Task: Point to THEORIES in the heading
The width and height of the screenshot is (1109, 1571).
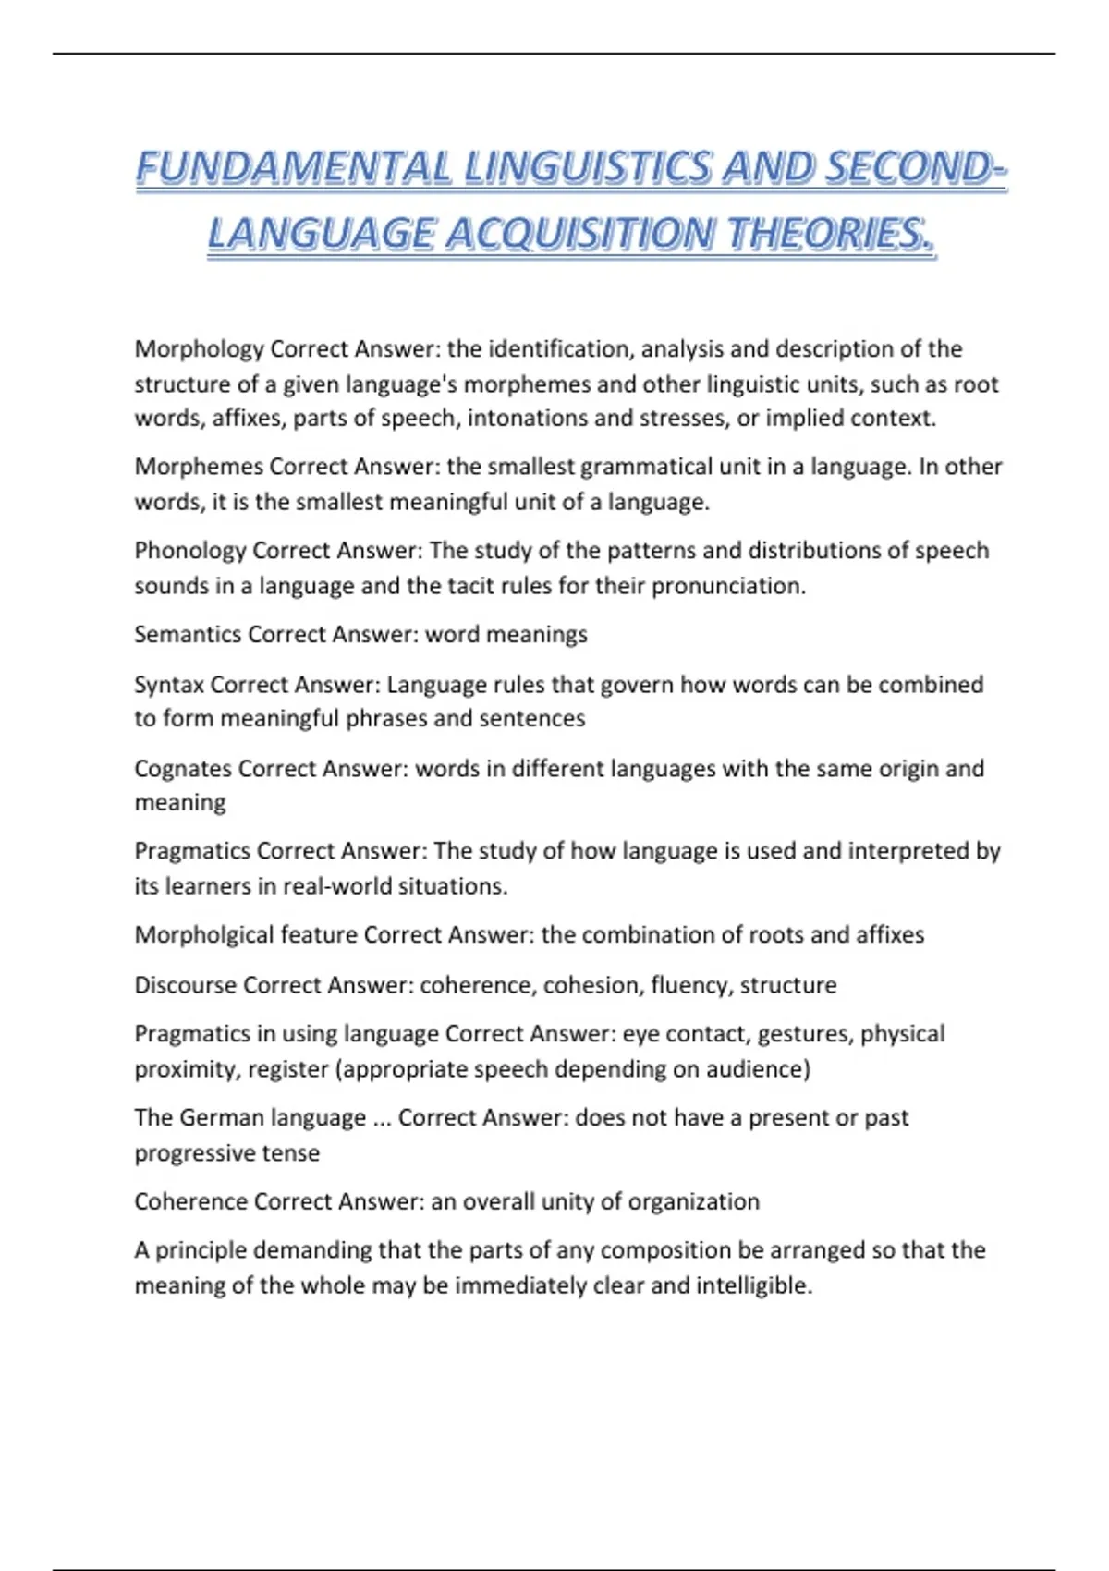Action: click(831, 234)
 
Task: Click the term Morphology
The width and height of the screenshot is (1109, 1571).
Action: click(200, 349)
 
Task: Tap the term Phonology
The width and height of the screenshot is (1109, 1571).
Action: click(190, 551)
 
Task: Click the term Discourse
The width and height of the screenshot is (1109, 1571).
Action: click(186, 985)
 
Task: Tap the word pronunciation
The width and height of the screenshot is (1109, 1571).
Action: click(728, 586)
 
